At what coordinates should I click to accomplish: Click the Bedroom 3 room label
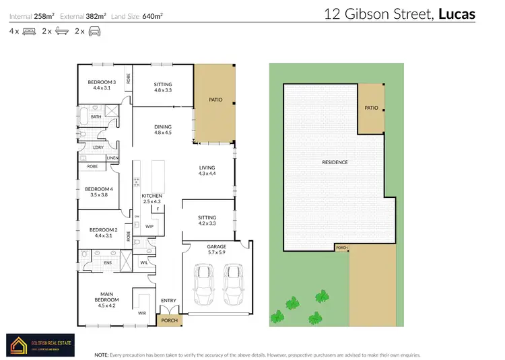pos(101,83)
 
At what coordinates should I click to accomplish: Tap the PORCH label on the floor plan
pos(170,320)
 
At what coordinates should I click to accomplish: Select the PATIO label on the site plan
pos(371,107)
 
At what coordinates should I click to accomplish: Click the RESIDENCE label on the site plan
pos(335,162)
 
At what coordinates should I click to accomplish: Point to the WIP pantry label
pos(149,227)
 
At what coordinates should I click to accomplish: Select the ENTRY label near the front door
pos(168,301)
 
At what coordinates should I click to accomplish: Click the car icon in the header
pos(97,32)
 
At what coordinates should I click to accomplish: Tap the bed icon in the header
pos(30,32)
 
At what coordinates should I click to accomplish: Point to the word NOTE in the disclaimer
pos(102,354)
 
